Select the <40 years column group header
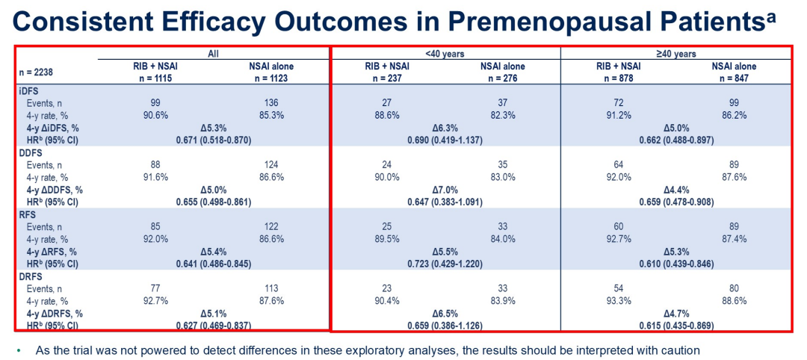[x=445, y=54]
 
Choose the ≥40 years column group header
[x=676, y=54]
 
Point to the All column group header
[x=214, y=54]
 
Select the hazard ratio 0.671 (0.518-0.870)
[x=214, y=140]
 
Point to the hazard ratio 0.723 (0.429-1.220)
[x=445, y=264]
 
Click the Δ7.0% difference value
[x=445, y=190]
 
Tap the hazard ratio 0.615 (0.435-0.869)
[x=676, y=326]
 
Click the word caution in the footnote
[x=678, y=349]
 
